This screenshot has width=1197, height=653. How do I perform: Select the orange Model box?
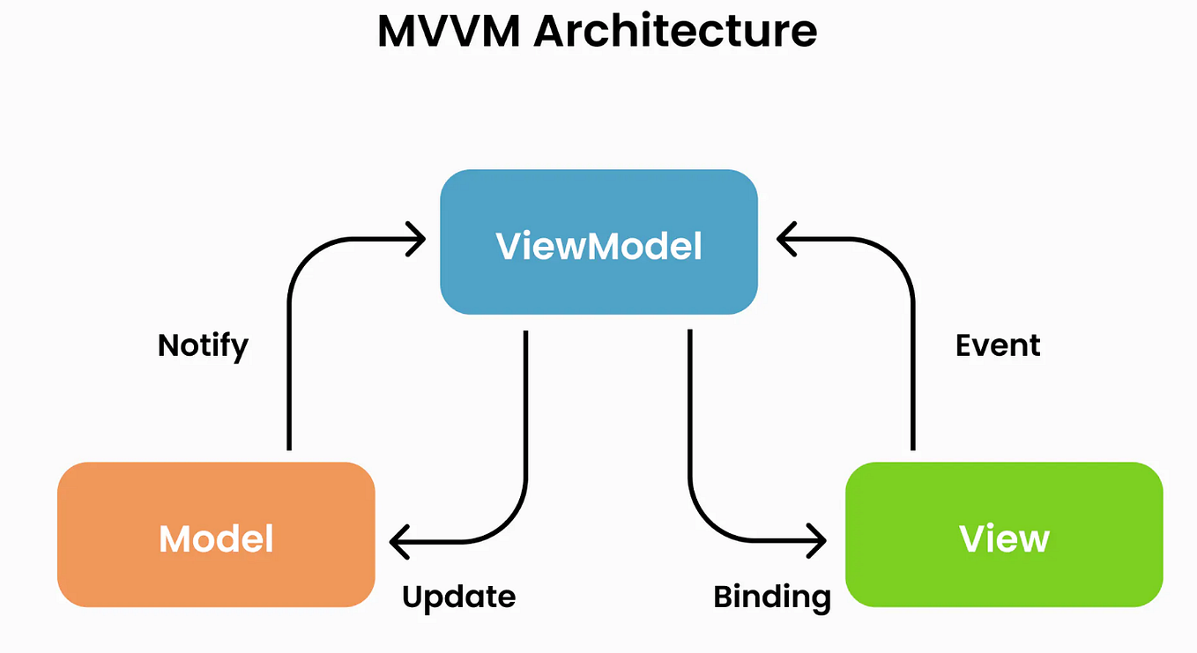point(216,573)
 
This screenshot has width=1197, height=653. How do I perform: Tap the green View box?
point(1003,573)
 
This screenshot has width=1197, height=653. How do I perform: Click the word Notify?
point(203,345)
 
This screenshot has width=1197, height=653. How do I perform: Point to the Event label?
point(998,345)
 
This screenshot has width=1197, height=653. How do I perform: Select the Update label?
point(458,597)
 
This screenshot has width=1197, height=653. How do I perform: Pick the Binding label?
point(771,597)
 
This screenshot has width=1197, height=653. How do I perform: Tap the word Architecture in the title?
point(674,32)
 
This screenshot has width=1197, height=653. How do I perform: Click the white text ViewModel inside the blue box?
point(598,246)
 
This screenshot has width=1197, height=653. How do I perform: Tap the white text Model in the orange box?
point(216,538)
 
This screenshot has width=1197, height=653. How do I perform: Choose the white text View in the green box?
point(1003,538)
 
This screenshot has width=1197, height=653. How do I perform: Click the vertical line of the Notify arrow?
point(289,370)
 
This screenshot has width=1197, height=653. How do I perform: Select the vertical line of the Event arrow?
point(912,370)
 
